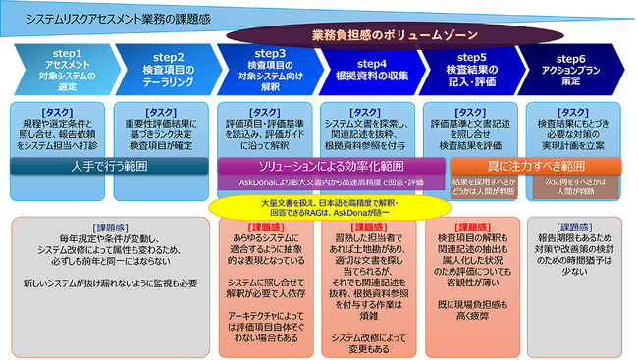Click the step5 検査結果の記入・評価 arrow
469,68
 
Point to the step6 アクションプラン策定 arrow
570,68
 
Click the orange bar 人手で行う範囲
109,166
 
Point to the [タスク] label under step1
60,111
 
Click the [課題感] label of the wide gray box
107,228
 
